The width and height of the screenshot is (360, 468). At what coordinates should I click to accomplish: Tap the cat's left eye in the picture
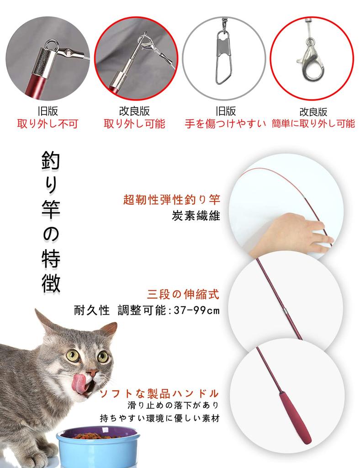tap(72, 355)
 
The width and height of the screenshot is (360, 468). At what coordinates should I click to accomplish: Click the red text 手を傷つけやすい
tap(225, 124)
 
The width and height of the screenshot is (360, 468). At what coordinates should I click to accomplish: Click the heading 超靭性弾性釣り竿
tap(172, 200)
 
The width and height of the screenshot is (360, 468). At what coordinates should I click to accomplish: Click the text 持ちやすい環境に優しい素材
tap(160, 418)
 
